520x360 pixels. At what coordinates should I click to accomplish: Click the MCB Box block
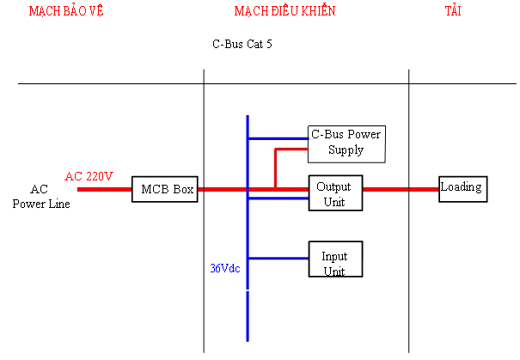(x=165, y=188)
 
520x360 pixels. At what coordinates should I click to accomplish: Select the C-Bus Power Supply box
(x=346, y=143)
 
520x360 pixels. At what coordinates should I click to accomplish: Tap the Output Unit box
(x=335, y=193)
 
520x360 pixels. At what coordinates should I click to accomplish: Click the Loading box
(x=462, y=188)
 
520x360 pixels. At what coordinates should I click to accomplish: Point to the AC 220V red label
(x=89, y=176)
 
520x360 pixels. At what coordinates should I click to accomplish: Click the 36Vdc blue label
(x=226, y=268)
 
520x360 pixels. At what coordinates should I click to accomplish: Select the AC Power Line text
(x=40, y=197)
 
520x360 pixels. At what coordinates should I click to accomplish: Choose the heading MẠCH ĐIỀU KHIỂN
(x=284, y=11)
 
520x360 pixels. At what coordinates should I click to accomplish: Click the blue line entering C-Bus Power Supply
(x=278, y=137)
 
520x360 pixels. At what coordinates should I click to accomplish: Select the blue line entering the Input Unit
(x=278, y=258)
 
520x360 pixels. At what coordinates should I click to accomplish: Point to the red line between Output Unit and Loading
(x=400, y=188)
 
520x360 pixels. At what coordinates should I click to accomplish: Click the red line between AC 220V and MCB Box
(x=104, y=188)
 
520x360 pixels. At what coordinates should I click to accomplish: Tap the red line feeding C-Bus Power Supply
(x=291, y=149)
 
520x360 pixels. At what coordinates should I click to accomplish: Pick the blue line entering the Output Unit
(x=278, y=198)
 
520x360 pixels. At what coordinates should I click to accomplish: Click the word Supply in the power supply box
(x=346, y=150)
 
